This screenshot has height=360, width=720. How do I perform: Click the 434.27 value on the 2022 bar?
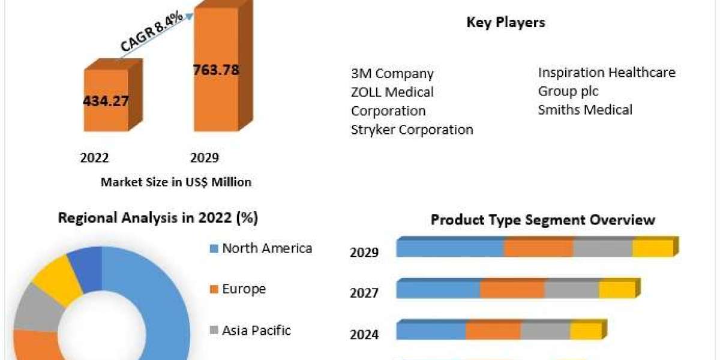click(x=106, y=101)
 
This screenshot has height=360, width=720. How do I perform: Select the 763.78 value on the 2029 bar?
click(x=216, y=70)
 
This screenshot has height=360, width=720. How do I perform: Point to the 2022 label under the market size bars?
click(x=94, y=158)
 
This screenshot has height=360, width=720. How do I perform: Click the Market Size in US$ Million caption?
click(x=176, y=182)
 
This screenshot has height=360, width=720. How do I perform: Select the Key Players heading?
click(x=506, y=23)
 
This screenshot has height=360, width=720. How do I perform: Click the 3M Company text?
click(x=392, y=74)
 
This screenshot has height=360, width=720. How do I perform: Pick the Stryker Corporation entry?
click(x=412, y=130)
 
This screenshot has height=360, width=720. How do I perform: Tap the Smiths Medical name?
click(x=585, y=110)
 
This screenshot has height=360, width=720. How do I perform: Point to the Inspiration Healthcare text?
click(x=607, y=73)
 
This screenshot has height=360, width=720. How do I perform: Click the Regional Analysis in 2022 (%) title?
click(x=158, y=218)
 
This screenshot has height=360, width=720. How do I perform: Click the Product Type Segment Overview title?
click(x=543, y=220)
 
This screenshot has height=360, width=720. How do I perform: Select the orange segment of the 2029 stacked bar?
click(x=538, y=248)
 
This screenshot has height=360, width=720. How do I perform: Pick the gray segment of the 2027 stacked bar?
click(x=572, y=289)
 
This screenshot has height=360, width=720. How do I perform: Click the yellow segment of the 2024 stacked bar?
click(x=586, y=331)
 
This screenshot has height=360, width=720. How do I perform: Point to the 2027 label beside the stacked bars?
click(x=364, y=293)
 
